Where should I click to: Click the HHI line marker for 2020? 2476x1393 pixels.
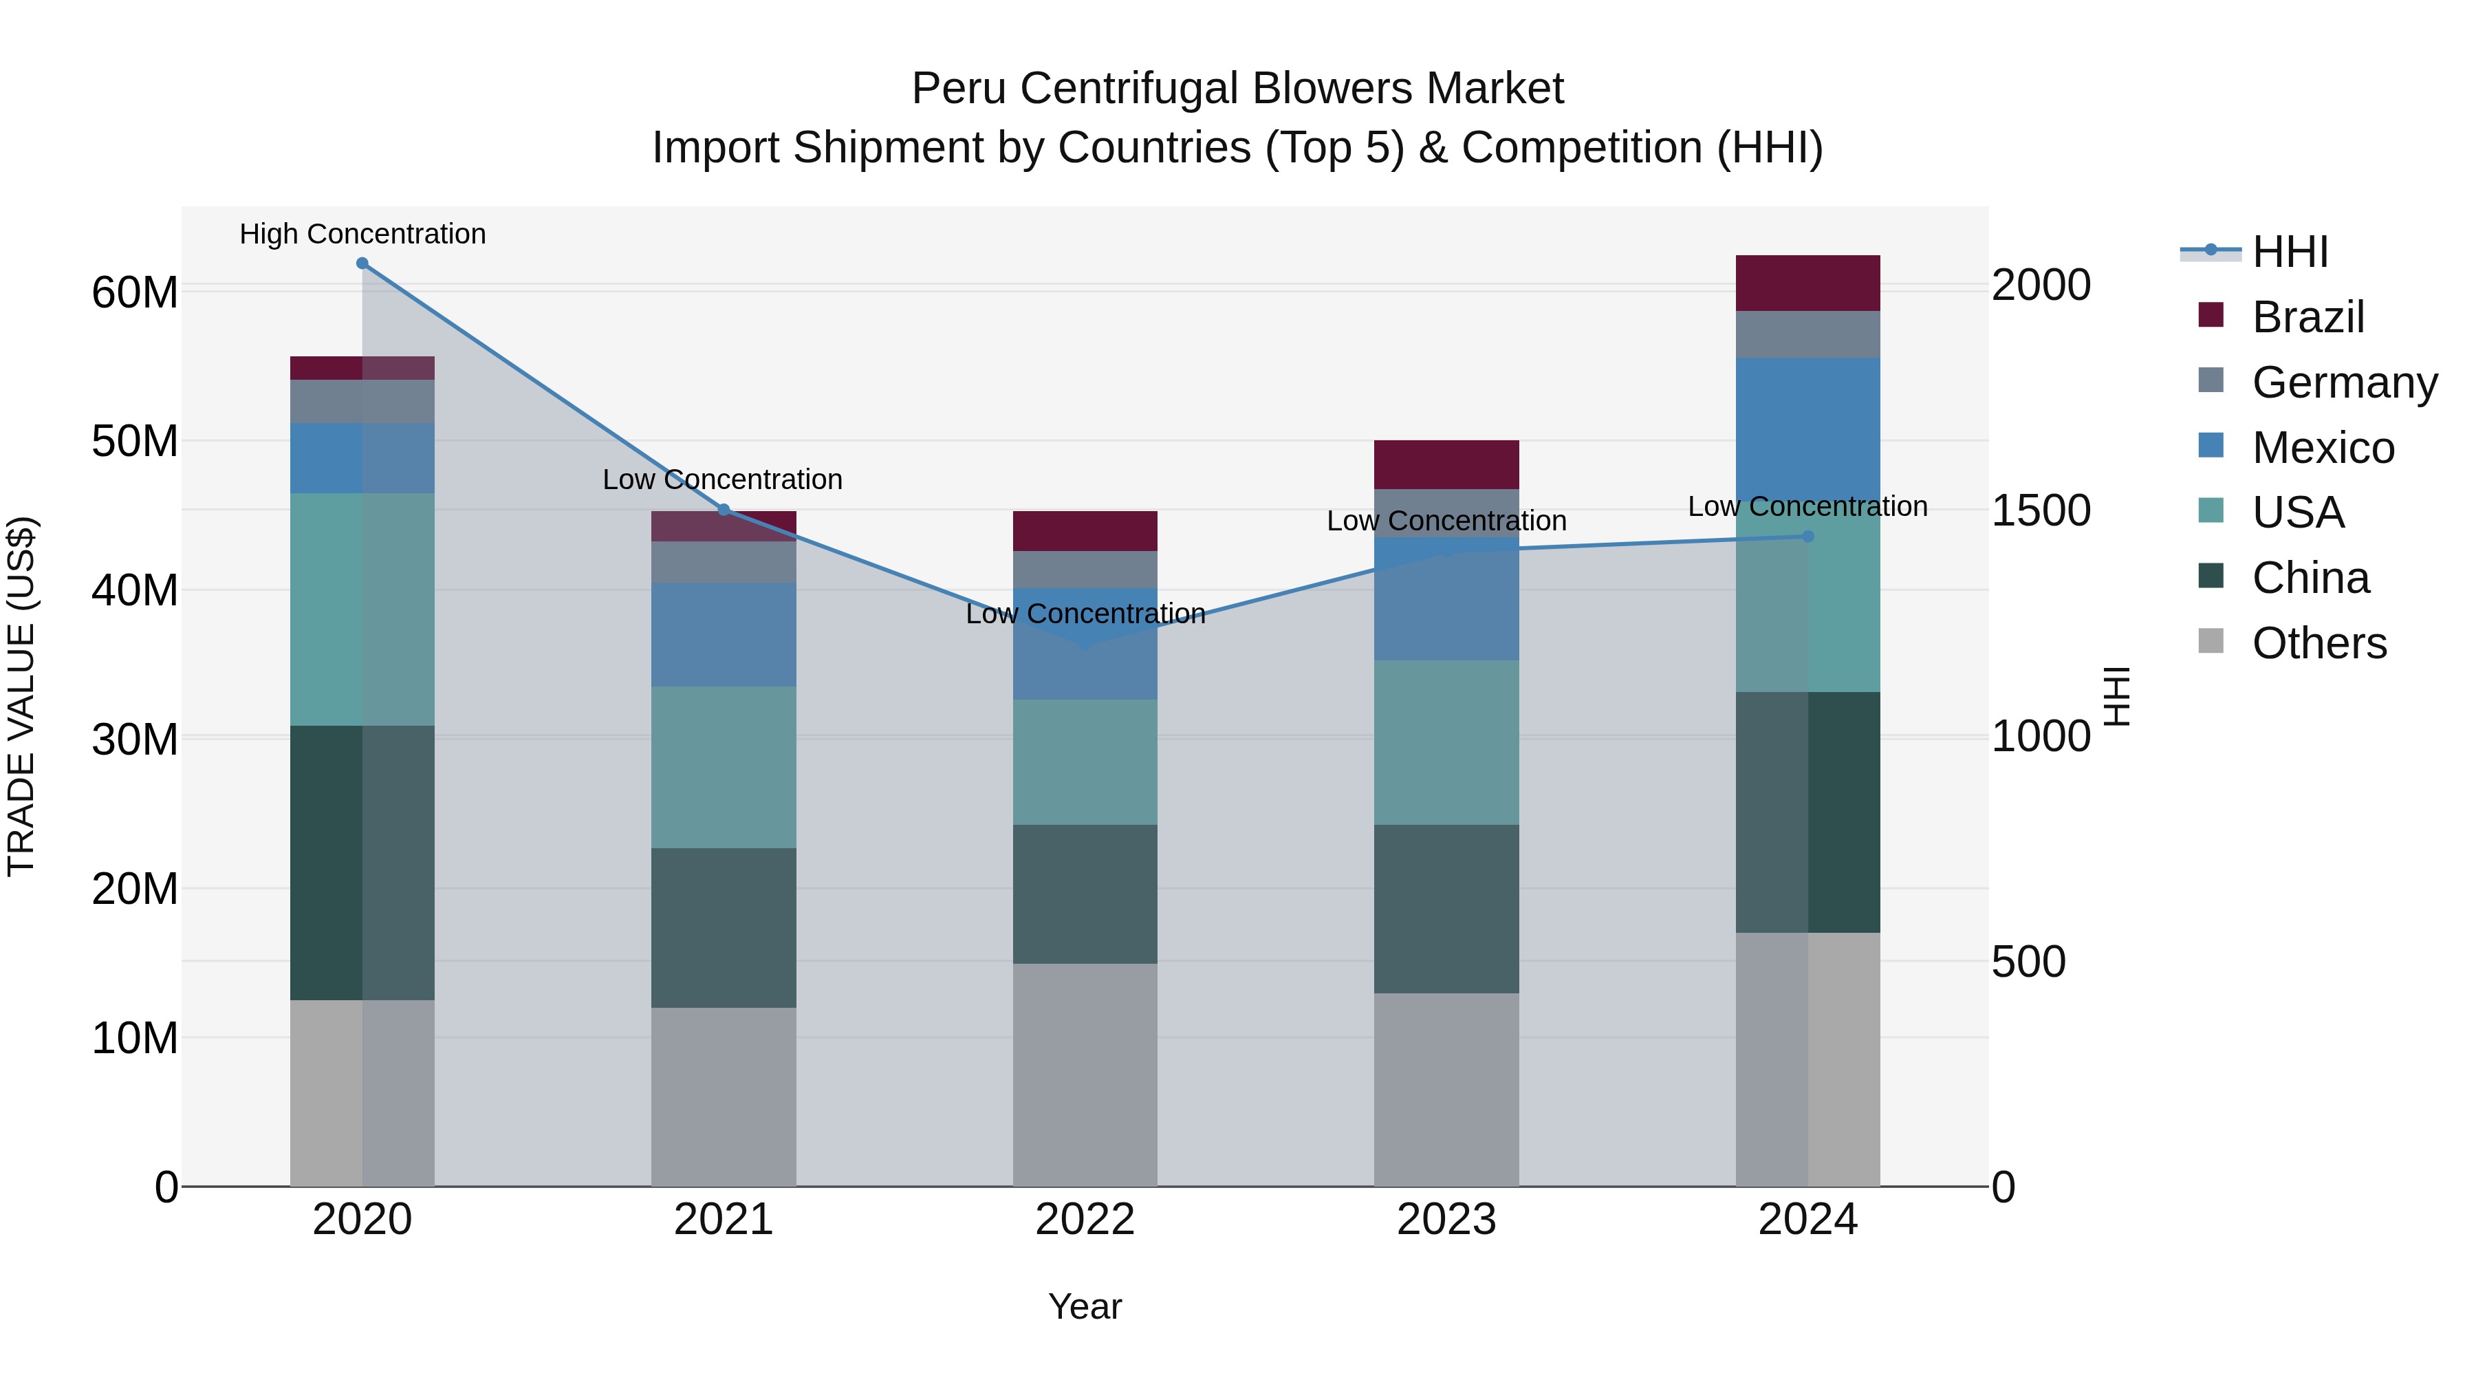pos(362,263)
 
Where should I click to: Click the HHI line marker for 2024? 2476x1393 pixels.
pos(1808,537)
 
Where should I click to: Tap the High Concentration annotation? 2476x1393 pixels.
pos(362,235)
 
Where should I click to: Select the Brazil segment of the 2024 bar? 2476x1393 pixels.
pos(1808,283)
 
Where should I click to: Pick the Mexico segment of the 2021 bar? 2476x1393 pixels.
pos(724,634)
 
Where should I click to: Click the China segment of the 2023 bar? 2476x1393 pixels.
pos(1446,909)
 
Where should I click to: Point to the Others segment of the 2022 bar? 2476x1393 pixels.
pos(1085,1075)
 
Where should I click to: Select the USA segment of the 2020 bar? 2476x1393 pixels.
pos(362,609)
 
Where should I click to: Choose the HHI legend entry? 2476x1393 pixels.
pos(2290,252)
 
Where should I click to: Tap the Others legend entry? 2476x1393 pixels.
pos(2318,643)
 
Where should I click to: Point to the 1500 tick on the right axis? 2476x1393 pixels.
pos(2040,510)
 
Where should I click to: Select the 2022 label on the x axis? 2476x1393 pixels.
pos(1085,1220)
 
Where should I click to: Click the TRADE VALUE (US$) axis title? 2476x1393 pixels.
pos(21,696)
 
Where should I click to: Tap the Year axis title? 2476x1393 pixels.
pos(1085,1306)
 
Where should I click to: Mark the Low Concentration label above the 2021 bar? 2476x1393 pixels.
pos(723,479)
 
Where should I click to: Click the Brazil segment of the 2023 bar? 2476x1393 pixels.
pos(1446,464)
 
